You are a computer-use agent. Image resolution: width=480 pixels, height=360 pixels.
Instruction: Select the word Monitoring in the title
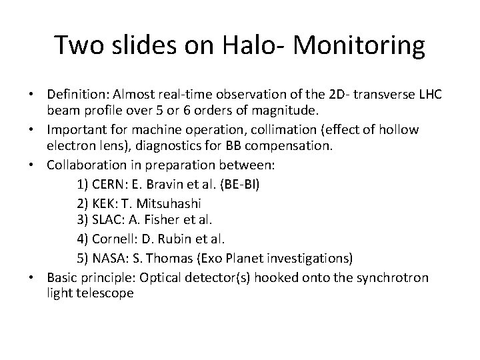pos(359,46)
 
